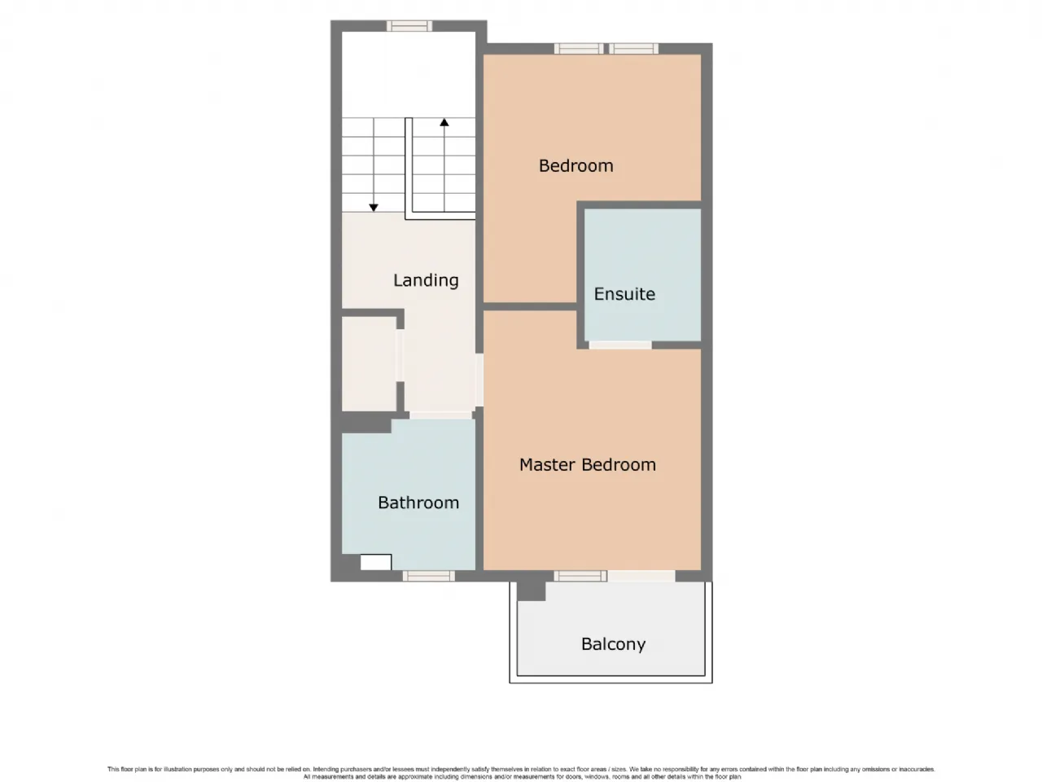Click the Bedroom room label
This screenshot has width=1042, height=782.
tap(576, 165)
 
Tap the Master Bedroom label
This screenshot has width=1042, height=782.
tap(587, 464)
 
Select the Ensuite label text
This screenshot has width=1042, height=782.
tap(624, 294)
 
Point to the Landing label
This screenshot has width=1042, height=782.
tap(426, 280)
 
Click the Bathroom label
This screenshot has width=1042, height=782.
tap(418, 503)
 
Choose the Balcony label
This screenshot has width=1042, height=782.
tap(613, 644)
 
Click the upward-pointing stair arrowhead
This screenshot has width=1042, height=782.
tap(444, 122)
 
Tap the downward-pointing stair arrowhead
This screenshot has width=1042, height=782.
tap(374, 208)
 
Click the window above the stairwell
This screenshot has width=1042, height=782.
tap(409, 25)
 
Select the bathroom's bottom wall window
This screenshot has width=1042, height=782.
tap(429, 576)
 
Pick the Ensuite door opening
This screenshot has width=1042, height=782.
tap(620, 345)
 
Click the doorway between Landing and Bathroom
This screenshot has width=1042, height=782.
tap(440, 415)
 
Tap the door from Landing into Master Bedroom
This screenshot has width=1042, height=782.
tap(479, 380)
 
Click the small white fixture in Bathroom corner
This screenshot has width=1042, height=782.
tap(375, 562)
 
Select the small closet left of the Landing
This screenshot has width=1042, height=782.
tap(370, 363)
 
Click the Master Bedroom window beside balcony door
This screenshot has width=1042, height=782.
tap(580, 576)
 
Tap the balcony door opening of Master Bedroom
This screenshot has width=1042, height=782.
tap(641, 576)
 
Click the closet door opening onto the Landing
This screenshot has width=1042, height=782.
tap(401, 355)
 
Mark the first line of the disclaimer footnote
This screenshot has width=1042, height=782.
tap(521, 769)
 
